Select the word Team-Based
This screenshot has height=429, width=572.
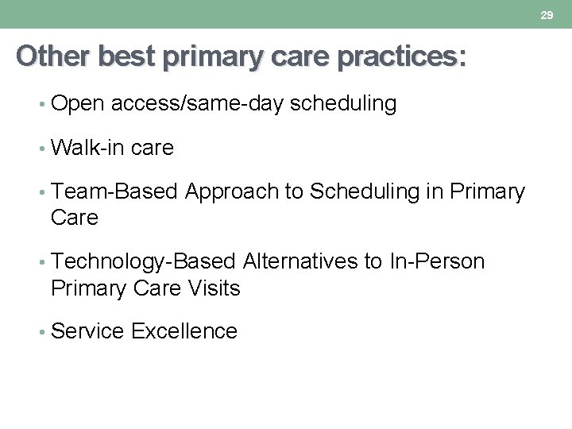pyautogui.click(x=115, y=192)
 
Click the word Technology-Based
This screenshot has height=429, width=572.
pyautogui.click(x=143, y=261)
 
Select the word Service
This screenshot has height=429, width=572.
pyautogui.click(x=87, y=331)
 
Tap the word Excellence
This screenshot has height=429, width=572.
pyautogui.click(x=184, y=331)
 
